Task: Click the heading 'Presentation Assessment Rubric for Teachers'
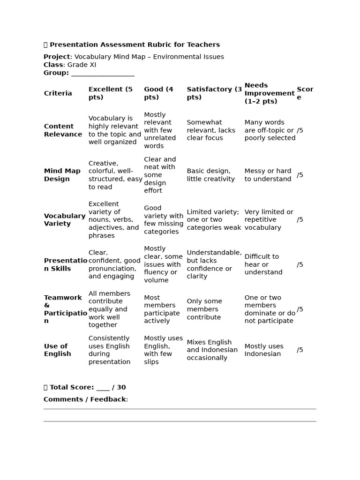point(135,45)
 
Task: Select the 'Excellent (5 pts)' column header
point(111,93)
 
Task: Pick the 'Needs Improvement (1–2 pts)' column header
point(269,93)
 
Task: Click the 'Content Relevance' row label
point(63,130)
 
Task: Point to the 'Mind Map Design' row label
point(62,175)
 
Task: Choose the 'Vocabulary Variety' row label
point(65,220)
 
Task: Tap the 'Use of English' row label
point(57,350)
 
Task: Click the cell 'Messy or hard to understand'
point(268,175)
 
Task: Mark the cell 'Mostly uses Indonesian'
point(264,350)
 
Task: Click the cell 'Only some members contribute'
point(204,309)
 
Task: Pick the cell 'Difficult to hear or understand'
point(263,264)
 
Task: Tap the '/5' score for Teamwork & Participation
point(300,309)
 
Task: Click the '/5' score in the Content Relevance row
point(300,130)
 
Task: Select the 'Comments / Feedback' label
point(85,399)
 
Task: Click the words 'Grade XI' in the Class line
point(82,65)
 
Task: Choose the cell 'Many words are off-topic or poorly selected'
point(270,130)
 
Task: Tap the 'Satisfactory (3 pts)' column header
point(214,93)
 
